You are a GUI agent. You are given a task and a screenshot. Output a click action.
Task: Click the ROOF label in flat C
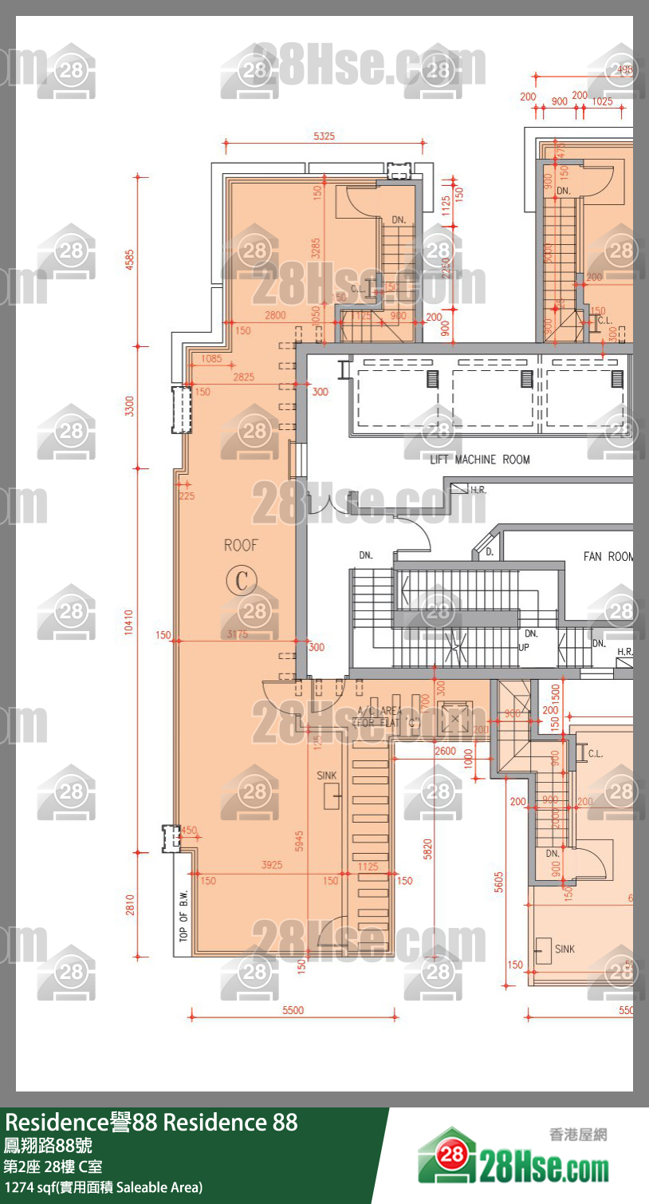(x=241, y=546)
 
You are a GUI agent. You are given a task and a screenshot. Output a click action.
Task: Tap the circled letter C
(x=242, y=580)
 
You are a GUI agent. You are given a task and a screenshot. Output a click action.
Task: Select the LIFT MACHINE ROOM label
(x=479, y=460)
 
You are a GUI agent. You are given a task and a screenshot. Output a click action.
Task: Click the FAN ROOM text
(x=608, y=556)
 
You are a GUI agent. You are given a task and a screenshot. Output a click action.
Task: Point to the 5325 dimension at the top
(x=324, y=136)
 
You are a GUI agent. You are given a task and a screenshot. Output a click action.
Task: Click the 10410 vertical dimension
(x=129, y=622)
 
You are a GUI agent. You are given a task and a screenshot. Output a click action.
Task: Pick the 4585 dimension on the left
(x=129, y=261)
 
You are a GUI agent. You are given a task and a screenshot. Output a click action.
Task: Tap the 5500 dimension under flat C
(x=293, y=1010)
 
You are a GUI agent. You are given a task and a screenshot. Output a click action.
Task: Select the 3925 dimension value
(x=272, y=865)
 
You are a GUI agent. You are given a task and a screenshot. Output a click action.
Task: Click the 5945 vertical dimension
(x=299, y=841)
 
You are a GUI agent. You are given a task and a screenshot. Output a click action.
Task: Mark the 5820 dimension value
(x=428, y=849)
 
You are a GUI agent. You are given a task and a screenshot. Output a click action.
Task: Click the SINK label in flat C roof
(x=327, y=776)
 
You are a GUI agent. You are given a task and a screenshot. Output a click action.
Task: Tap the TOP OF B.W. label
(x=183, y=916)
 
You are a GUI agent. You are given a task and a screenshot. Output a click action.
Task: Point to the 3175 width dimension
(x=238, y=634)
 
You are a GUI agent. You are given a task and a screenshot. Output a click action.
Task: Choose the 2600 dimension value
(x=446, y=752)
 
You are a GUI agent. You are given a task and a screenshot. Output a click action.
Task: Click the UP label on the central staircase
(x=524, y=647)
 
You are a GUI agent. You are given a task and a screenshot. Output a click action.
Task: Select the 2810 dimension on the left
(x=129, y=905)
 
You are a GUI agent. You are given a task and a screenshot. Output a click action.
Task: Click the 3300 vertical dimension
(x=129, y=405)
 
